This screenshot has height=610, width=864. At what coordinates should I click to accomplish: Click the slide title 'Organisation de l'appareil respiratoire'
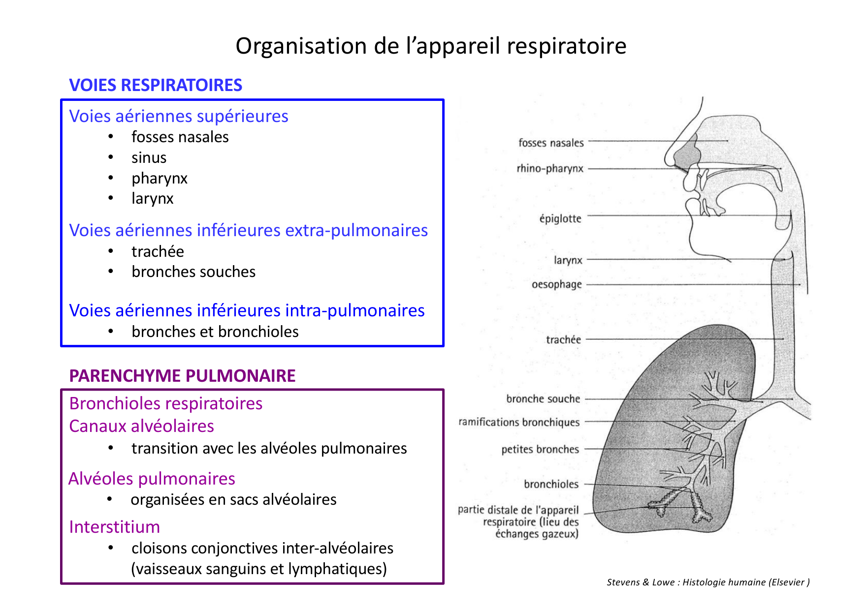pos(431,46)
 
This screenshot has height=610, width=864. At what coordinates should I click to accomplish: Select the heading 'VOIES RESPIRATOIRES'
pos(156,85)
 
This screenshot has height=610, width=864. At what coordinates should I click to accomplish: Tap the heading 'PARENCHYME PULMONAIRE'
pos(182,376)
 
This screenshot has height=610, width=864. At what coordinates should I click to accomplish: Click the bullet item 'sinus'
pos(149,158)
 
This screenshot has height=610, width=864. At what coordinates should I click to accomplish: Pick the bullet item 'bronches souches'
pos(193,272)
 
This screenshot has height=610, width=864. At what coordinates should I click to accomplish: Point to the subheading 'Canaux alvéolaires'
pos(141,426)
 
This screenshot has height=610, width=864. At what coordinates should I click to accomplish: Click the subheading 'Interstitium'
pos(114,527)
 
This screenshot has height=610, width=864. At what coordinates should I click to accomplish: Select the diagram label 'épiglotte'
pos(560,218)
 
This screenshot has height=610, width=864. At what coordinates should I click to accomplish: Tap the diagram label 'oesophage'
pos(557,284)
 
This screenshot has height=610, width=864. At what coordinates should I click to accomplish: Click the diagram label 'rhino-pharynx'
pos(550,168)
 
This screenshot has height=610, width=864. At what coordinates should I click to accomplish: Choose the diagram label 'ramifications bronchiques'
pos(519,422)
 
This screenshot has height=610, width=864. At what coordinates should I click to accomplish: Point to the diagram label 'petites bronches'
pos(540,449)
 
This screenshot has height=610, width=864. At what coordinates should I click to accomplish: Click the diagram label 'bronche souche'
pos(543,399)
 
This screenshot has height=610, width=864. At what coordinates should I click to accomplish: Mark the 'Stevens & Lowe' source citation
pos(708,582)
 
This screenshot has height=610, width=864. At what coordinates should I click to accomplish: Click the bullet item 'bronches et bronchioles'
pos(215,332)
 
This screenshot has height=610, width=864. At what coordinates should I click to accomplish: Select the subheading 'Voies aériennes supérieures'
pos(179,116)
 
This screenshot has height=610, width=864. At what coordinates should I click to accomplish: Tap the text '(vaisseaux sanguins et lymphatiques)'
pos(259,569)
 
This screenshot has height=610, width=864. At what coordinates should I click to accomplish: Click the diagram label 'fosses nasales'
pos(551,143)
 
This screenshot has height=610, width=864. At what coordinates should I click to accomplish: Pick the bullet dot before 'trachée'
pos(111,251)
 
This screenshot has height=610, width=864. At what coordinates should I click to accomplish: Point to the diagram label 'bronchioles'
pos(551,484)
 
